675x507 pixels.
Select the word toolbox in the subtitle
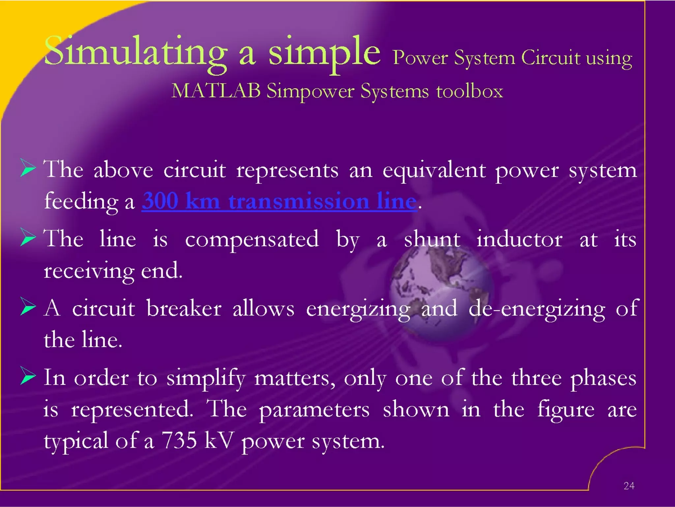point(470,91)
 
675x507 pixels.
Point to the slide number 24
point(629,486)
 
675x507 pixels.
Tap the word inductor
point(519,239)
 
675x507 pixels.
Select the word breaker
point(184,309)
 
